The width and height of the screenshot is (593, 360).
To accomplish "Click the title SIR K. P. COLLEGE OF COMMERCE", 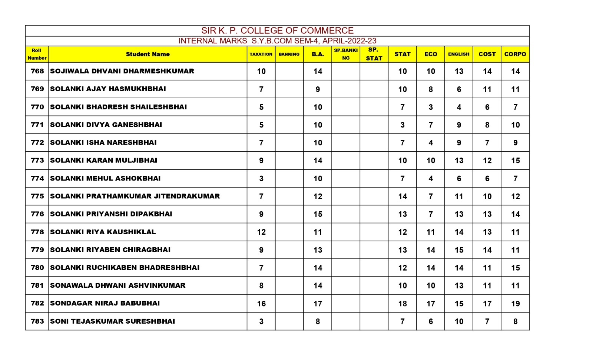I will [x=277, y=30].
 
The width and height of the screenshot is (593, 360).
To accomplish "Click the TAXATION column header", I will [x=261, y=54].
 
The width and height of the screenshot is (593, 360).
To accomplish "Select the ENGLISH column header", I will [x=458, y=54].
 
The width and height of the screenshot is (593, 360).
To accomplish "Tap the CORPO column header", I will [x=515, y=54].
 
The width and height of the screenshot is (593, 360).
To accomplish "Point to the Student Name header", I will [x=148, y=54].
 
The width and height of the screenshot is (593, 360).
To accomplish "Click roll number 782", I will [x=37, y=303].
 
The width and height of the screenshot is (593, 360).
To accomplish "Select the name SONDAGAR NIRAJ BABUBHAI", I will [x=105, y=303].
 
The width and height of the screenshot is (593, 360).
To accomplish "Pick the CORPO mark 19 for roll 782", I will [x=515, y=304].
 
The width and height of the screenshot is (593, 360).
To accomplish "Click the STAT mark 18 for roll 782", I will [x=402, y=304].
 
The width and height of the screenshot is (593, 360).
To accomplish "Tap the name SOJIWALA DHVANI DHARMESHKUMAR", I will [x=122, y=71].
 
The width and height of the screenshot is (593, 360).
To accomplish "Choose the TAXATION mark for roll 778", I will [x=261, y=232].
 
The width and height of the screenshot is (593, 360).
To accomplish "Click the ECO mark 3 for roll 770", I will [x=431, y=107].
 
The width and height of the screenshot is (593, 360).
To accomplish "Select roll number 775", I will [x=37, y=196].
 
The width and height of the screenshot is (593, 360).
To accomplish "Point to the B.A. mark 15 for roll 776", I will [x=318, y=214].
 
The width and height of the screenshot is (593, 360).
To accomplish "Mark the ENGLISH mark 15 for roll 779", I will [x=459, y=250].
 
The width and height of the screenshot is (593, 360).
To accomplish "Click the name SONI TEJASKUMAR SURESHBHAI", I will [x=112, y=321].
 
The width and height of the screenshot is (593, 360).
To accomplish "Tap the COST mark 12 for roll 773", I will [x=487, y=161].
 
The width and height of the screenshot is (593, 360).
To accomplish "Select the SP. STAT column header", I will [x=374, y=54].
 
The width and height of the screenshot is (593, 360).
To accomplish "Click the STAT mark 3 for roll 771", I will [x=402, y=125].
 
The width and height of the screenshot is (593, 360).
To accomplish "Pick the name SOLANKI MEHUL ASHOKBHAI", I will [x=105, y=178].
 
